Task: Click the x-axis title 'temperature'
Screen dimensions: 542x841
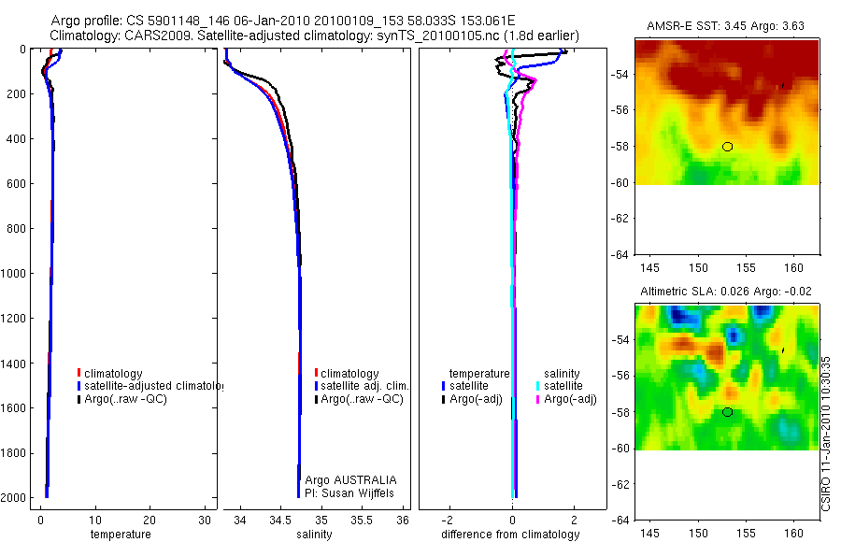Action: [120, 535]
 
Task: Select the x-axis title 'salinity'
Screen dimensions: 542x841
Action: [314, 535]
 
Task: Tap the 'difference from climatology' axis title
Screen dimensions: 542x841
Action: [510, 535]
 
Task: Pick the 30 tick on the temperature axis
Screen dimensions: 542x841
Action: [204, 520]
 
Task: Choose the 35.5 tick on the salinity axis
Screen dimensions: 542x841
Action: [363, 520]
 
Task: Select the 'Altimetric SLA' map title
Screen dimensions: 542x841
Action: [726, 292]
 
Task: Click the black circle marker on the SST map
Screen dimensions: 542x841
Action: [727, 147]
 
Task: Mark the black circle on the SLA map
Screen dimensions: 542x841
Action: [727, 412]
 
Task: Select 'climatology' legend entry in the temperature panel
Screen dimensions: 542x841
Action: [113, 374]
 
